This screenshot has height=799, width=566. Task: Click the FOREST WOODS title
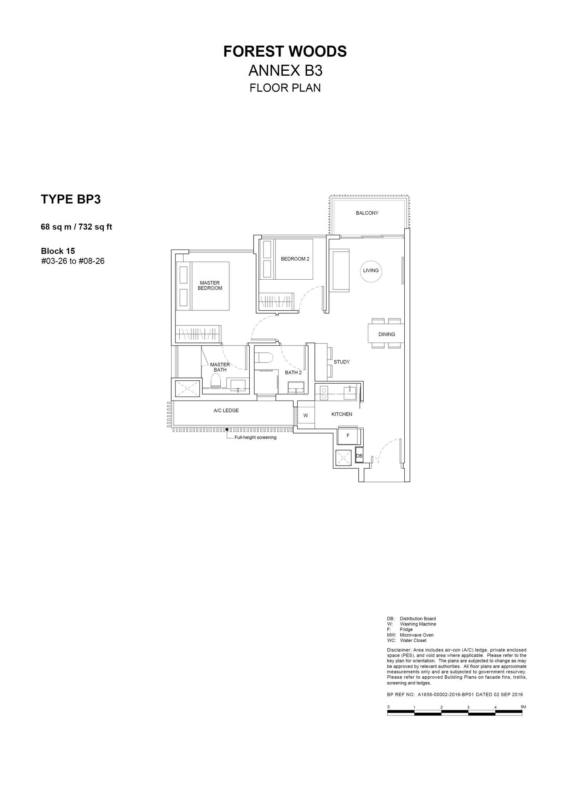pos(285,52)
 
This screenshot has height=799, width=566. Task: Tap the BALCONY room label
pos(367,213)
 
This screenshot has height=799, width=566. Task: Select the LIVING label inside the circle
pos(371,270)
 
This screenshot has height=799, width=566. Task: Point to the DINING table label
pos(387,334)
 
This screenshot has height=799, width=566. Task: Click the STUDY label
pos(341,362)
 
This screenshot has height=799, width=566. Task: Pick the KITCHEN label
pos(342,414)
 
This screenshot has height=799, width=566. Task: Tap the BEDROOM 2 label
pos(295,259)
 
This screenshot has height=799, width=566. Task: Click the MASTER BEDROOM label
pos(210,285)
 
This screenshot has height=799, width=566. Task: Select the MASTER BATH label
pos(220,367)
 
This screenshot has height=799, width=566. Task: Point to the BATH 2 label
pos(293,372)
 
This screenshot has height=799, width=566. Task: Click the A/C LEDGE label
pos(226,410)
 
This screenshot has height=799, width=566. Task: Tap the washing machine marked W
pos(306,415)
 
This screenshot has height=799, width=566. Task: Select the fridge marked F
pos(348,436)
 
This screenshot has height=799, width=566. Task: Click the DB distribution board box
pos(359,456)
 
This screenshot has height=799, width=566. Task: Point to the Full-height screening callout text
pos(255,437)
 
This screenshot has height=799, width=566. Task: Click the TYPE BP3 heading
pos(71,199)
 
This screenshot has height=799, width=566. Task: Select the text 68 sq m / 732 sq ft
pos(76,227)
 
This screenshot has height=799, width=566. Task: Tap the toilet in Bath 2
pos(264,357)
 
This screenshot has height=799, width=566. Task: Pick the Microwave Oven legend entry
pos(410,635)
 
